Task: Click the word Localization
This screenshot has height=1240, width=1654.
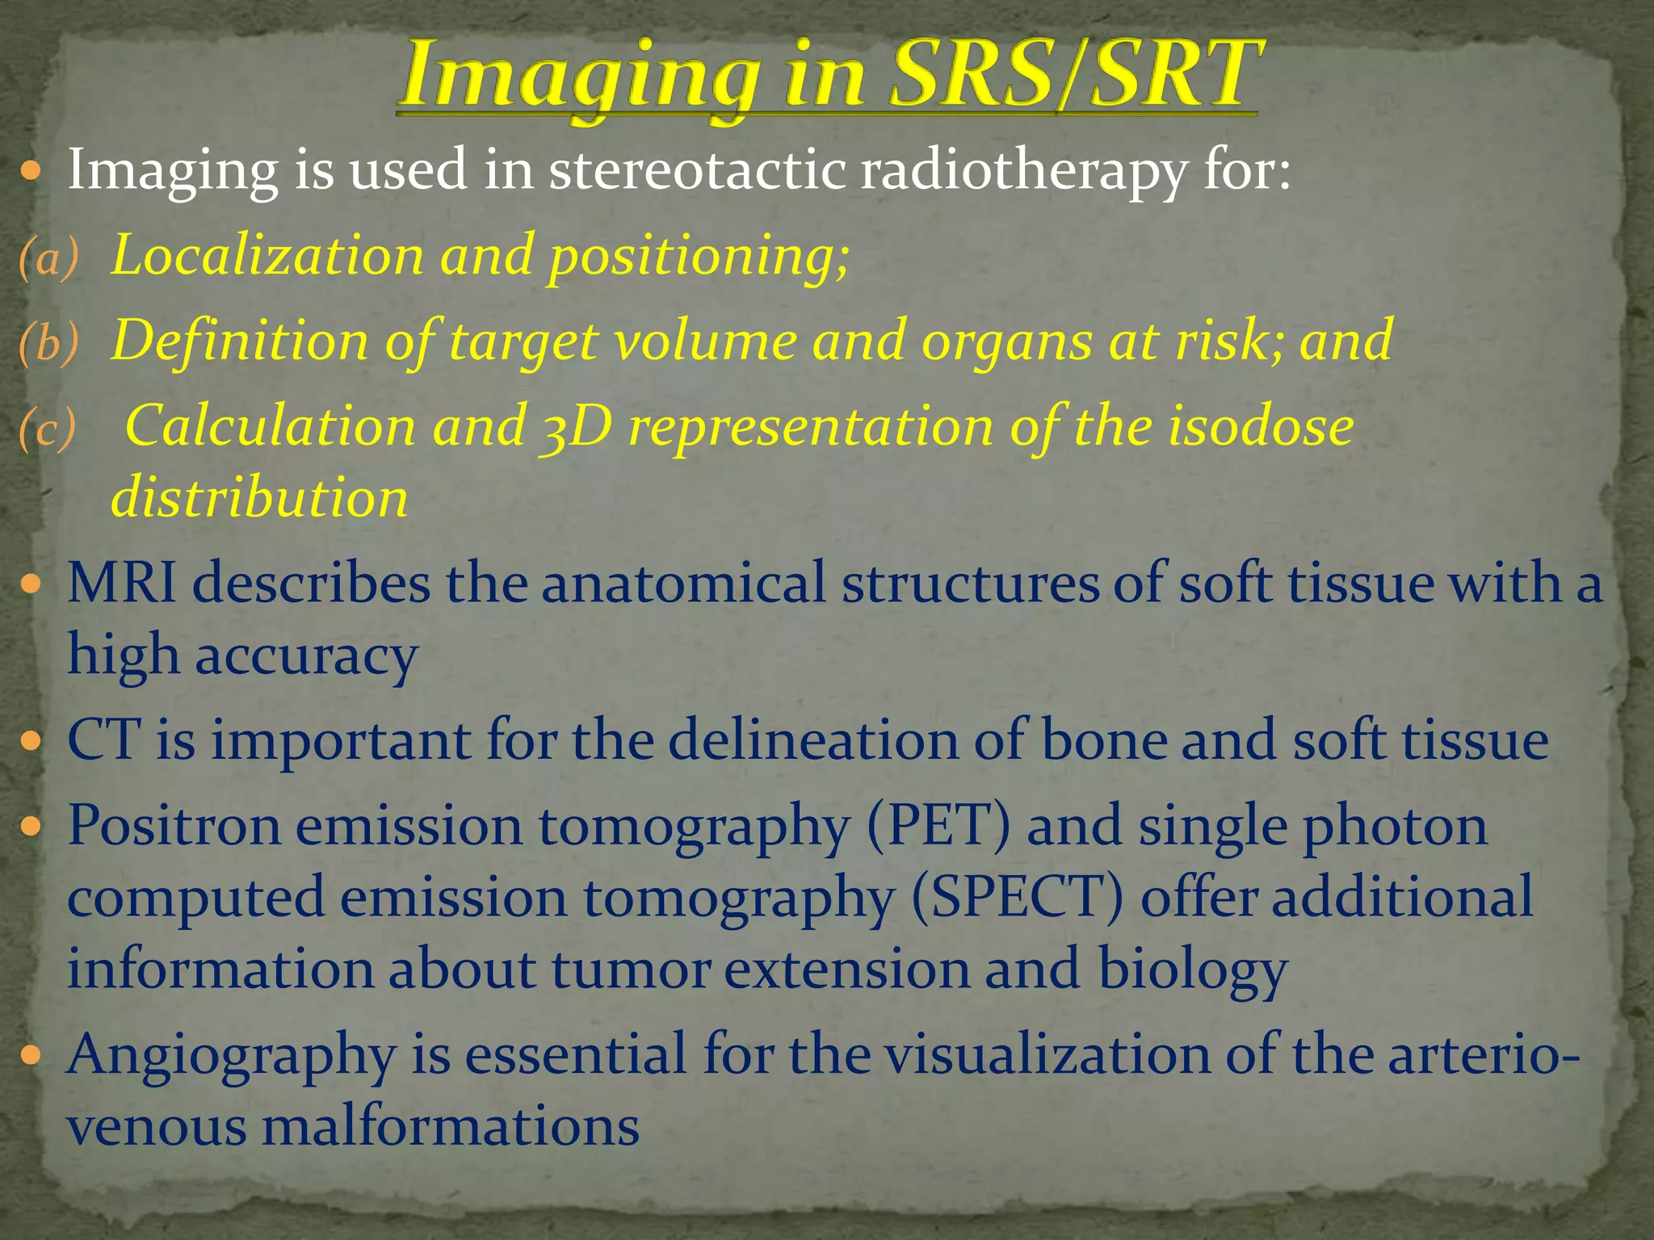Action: tap(267, 256)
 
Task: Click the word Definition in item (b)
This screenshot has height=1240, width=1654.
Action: tap(239, 341)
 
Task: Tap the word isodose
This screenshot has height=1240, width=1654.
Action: tap(1260, 426)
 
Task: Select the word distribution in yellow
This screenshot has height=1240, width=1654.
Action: tap(258, 498)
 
